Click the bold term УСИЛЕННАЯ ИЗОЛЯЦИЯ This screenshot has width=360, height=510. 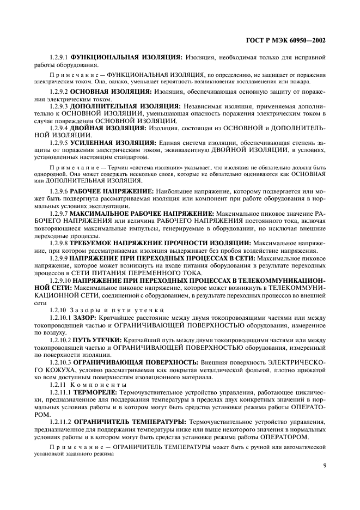tap(117, 142)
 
